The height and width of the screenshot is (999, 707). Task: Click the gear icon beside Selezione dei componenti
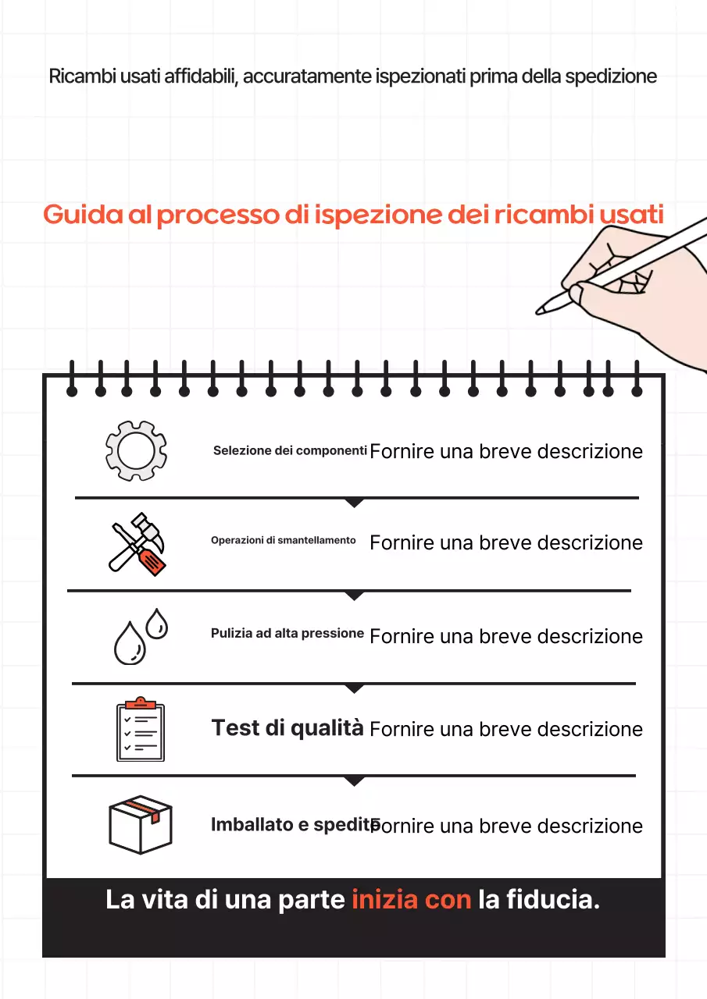(x=136, y=450)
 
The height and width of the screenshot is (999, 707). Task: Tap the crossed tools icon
(x=137, y=543)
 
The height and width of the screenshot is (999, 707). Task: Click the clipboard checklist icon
(x=141, y=728)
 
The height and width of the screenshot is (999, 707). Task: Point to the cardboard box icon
(x=140, y=824)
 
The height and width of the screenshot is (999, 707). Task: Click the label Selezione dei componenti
(x=290, y=451)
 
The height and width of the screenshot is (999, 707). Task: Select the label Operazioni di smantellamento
(x=283, y=541)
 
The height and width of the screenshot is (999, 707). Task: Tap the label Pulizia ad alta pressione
(x=287, y=634)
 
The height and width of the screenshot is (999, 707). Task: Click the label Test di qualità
(x=287, y=728)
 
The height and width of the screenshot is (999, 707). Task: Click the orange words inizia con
(x=411, y=899)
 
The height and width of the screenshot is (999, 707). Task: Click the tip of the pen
(x=540, y=310)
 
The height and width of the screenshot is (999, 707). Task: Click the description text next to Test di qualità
(x=506, y=730)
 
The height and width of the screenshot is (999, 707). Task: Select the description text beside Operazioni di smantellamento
(x=506, y=543)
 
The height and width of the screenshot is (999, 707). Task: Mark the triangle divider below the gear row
(x=355, y=503)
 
